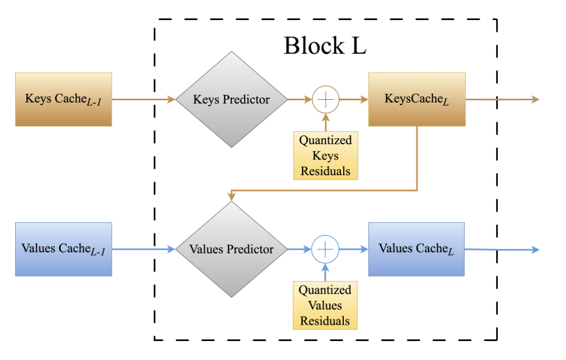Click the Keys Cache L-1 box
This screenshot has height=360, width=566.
(x=63, y=99)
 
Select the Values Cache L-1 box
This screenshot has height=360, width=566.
(x=63, y=249)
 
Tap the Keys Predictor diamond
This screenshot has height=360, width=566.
(x=231, y=99)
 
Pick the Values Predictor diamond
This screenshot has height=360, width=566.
(x=231, y=249)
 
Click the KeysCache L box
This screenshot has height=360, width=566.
(x=417, y=99)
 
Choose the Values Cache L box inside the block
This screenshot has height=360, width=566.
(x=416, y=249)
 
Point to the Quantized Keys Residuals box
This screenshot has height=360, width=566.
(x=325, y=156)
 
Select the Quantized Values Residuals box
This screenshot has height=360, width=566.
(x=325, y=305)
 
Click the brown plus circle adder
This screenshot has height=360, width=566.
(x=325, y=99)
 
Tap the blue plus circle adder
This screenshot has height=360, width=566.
(x=325, y=249)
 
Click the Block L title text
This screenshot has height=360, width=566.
(x=325, y=46)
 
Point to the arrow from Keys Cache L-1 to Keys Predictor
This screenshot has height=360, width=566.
(x=144, y=99)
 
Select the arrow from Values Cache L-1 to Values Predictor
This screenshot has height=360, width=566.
(x=144, y=249)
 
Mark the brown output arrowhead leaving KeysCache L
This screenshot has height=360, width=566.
(x=535, y=99)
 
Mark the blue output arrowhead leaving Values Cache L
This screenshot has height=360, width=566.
(x=536, y=250)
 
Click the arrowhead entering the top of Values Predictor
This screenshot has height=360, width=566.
(x=231, y=197)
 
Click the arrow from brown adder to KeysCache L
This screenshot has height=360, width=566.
(x=353, y=99)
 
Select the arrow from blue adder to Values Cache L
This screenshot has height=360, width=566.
(x=353, y=249)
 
